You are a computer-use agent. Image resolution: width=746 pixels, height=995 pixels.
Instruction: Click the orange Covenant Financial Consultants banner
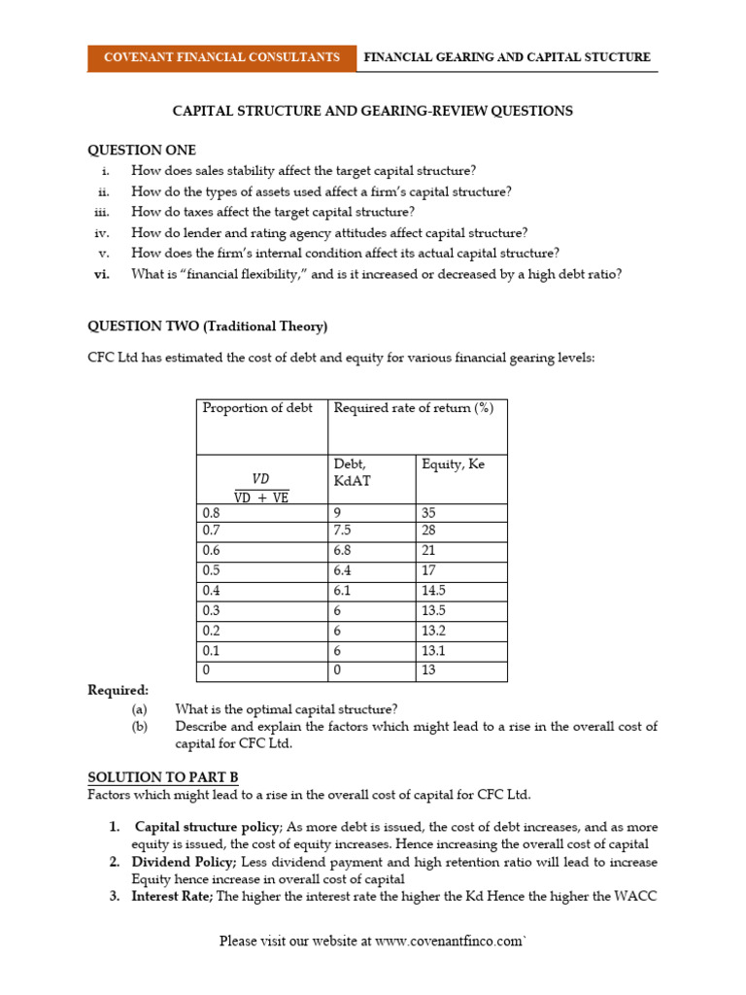pyautogui.click(x=221, y=57)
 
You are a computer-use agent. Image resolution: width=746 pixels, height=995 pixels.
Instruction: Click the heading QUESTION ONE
pyautogui.click(x=142, y=150)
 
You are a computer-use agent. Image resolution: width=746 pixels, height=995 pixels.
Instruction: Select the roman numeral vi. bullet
pyautogui.click(x=102, y=274)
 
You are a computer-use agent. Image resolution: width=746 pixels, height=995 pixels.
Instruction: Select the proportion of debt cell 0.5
pyautogui.click(x=211, y=570)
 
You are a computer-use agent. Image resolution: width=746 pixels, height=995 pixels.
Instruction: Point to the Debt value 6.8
pyautogui.click(x=346, y=551)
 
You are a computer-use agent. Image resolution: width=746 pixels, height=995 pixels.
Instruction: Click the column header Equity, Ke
pyautogui.click(x=453, y=464)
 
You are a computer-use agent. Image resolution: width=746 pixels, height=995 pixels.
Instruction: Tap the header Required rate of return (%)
pyautogui.click(x=414, y=408)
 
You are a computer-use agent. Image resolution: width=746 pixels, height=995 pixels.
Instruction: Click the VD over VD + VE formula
pyautogui.click(x=260, y=487)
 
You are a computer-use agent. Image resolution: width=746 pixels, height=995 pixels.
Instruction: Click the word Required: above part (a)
pyautogui.click(x=119, y=690)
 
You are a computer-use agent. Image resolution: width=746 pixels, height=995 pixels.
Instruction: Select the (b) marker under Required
pyautogui.click(x=140, y=726)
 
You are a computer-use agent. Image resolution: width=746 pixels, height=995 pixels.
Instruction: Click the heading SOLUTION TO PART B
pyautogui.click(x=162, y=777)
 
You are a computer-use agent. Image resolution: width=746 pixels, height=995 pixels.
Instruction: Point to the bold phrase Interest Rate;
pyautogui.click(x=171, y=897)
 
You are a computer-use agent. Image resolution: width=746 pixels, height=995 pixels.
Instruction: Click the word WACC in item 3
pyautogui.click(x=634, y=897)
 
